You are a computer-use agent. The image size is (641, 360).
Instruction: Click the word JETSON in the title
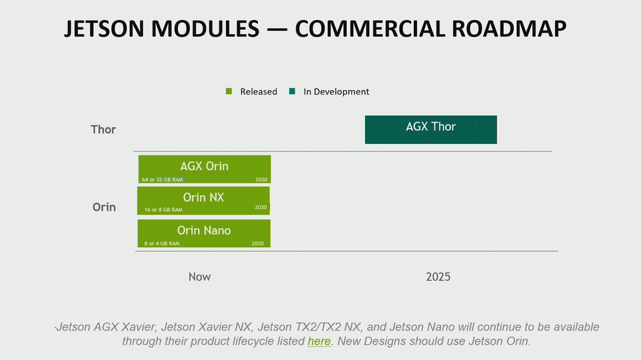coord(106,29)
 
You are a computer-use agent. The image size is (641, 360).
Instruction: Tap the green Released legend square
coord(229,91)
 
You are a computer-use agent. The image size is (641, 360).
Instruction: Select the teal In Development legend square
coord(292,91)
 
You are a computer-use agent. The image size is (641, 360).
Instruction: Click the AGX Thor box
coord(430,129)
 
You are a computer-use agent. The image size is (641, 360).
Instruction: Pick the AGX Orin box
coord(204,169)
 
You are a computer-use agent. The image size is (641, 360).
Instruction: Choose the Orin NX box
coord(203,200)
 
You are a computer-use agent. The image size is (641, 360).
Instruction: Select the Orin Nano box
coord(203,233)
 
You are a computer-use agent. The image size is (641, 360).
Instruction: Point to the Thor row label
coord(103,129)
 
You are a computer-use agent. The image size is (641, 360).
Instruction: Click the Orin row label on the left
coord(104,207)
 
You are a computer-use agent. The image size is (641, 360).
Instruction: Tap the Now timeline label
coord(199,277)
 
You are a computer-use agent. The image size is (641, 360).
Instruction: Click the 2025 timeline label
coord(438,277)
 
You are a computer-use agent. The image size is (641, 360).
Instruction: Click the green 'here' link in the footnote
coord(319,341)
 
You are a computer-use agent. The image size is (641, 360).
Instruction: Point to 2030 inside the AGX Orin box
coord(261,179)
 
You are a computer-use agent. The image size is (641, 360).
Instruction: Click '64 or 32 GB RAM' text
coord(162,180)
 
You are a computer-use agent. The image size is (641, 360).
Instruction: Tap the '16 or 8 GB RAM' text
coord(163,210)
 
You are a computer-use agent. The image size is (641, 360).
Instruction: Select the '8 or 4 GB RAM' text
coord(162,244)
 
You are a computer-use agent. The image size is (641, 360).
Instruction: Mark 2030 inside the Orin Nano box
coord(258,244)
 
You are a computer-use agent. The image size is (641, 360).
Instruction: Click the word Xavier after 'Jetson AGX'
coord(134,327)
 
